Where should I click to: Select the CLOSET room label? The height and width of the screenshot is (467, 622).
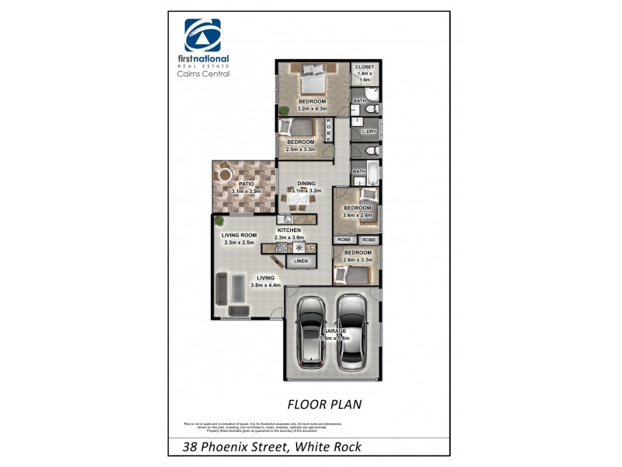364,68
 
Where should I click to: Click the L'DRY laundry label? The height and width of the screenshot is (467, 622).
369,132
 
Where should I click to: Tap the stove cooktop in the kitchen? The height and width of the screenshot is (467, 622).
299,248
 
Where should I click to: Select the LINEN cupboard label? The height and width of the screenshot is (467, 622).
300,262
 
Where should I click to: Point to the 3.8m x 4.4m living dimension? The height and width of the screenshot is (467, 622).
265,286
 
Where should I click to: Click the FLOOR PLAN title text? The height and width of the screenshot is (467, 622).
323,404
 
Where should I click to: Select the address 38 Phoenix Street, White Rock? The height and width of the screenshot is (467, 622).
271,447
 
